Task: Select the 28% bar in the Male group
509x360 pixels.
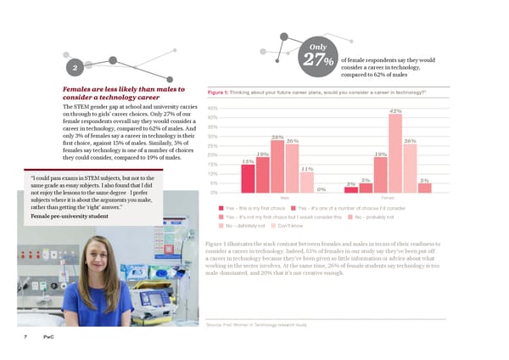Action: pos(277,165)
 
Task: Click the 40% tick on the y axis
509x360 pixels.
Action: pos(213,117)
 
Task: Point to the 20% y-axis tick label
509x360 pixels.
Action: pos(213,155)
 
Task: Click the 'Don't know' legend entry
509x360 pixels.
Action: pos(291,226)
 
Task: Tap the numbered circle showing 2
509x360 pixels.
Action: pos(76,69)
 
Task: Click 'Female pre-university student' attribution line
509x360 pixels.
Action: pos(70,217)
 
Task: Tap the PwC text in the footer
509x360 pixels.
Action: pos(50,338)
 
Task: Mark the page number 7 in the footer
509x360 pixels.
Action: pos(26,338)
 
